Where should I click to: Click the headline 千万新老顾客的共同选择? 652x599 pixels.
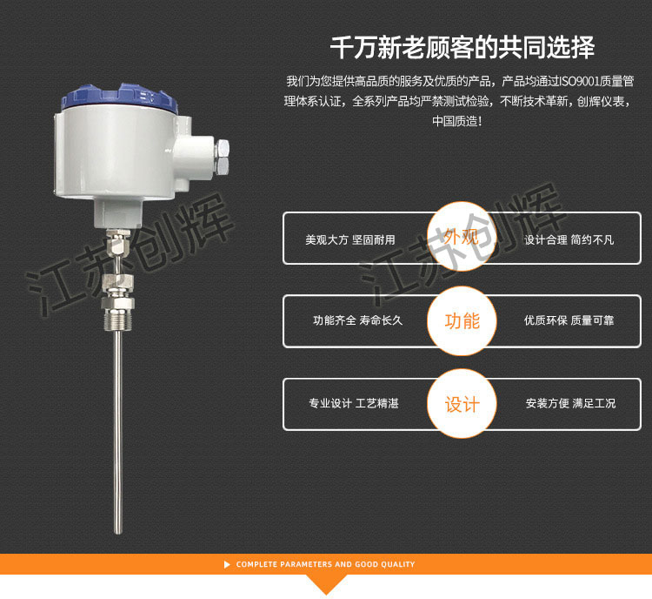[x=462, y=47]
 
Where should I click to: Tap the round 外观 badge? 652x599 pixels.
[x=462, y=238]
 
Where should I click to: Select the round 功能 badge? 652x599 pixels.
[x=462, y=321]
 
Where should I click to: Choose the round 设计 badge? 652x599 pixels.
[x=462, y=405]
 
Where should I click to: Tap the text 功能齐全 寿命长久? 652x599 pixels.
[x=357, y=320]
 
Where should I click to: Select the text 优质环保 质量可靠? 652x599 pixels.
[x=569, y=320]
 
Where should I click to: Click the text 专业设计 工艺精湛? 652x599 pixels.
[x=354, y=404]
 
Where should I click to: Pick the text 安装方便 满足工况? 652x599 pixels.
[x=570, y=404]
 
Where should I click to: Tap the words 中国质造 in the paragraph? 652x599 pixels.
[x=454, y=122]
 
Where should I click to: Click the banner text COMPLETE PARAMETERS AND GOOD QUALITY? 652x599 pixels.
[x=325, y=564]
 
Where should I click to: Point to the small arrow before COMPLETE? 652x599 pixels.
[x=228, y=564]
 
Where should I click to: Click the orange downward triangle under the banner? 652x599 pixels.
[x=326, y=585]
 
